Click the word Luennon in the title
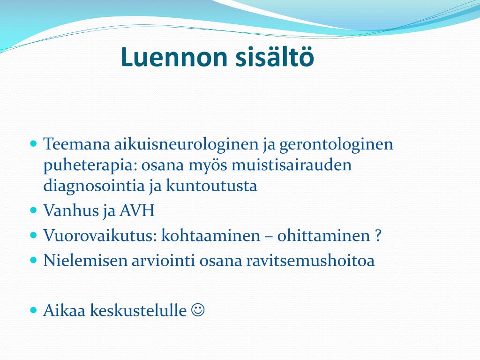(x=174, y=57)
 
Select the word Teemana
(x=76, y=144)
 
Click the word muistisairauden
(x=292, y=165)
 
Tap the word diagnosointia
(x=94, y=186)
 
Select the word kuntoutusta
(x=211, y=186)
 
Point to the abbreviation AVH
(x=137, y=210)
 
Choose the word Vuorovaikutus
(x=100, y=236)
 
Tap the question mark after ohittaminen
(x=378, y=236)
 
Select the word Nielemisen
(x=85, y=261)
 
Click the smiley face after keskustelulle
(x=198, y=310)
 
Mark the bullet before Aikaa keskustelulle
(x=34, y=310)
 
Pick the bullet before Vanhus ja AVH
(x=34, y=210)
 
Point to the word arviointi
(x=163, y=261)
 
